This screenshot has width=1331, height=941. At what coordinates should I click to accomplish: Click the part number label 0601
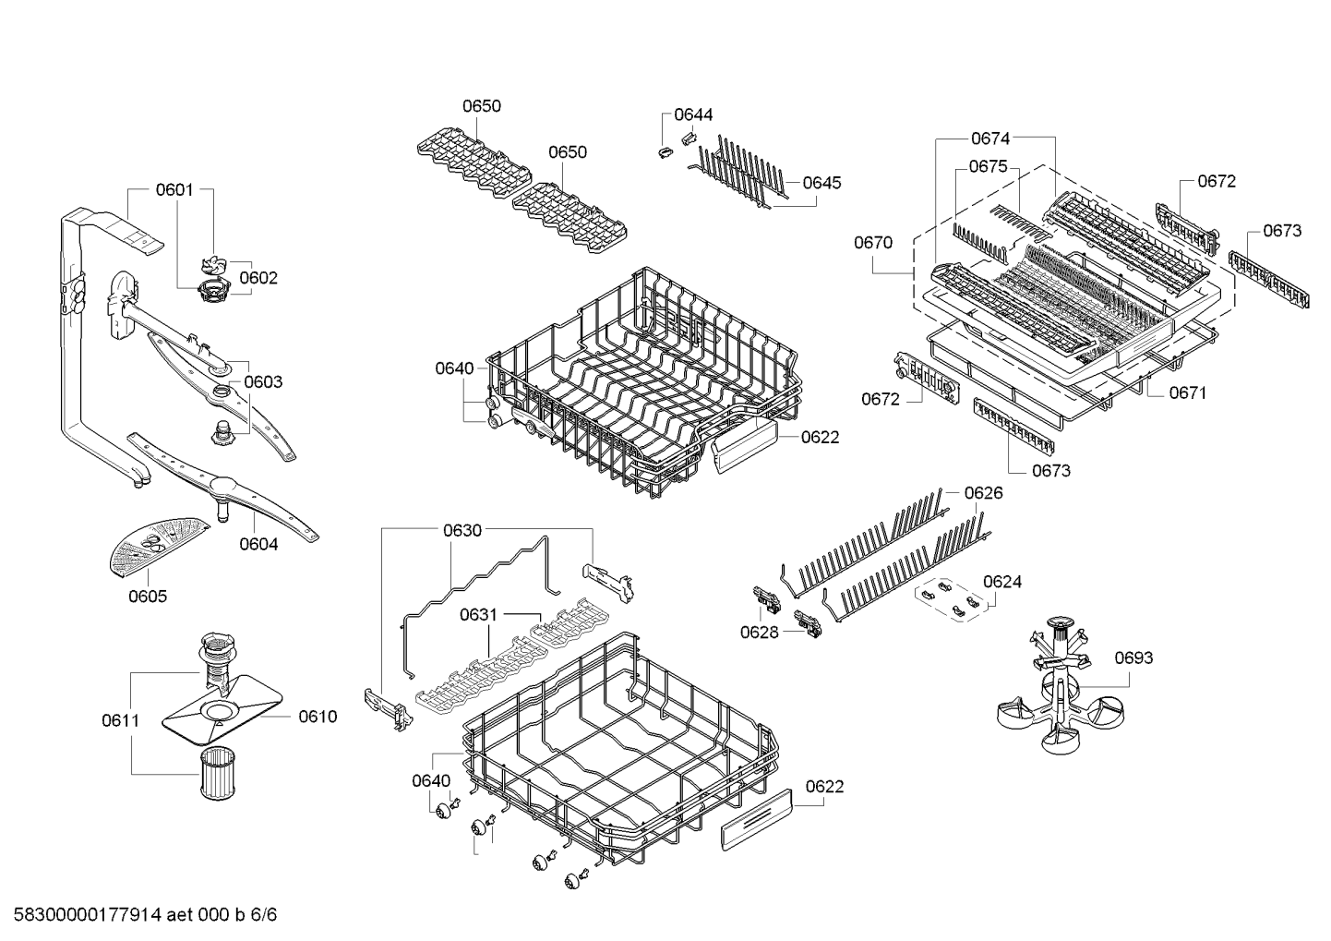coord(174,189)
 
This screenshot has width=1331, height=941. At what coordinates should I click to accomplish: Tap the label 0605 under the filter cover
coord(148,596)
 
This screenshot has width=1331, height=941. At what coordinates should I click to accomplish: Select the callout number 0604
coord(258,544)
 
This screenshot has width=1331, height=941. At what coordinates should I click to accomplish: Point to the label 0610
coord(318,717)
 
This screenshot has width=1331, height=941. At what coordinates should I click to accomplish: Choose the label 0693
coord(1133,657)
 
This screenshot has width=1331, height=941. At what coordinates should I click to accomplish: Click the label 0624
coord(1002,582)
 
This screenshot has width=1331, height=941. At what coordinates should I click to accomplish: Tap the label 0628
coord(760,632)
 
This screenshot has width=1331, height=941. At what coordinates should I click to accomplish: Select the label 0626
coord(983,493)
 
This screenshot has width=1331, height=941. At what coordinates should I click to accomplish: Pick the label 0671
coord(1188,392)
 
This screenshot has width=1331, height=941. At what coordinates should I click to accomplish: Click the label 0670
coord(873,243)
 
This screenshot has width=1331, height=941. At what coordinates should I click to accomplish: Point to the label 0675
coord(989,166)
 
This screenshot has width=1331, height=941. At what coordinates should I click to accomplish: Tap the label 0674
coord(990,139)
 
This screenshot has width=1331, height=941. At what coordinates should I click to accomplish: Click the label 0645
coord(821,183)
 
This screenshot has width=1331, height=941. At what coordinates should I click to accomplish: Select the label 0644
coord(693,115)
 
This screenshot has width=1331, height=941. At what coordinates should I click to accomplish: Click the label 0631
coord(478,614)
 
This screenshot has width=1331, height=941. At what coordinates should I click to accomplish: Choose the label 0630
coord(462,530)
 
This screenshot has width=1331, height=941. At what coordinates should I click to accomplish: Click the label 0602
coord(258,278)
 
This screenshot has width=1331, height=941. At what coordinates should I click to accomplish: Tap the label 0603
coord(263,381)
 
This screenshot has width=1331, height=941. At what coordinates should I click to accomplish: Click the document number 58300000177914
coord(88,914)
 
